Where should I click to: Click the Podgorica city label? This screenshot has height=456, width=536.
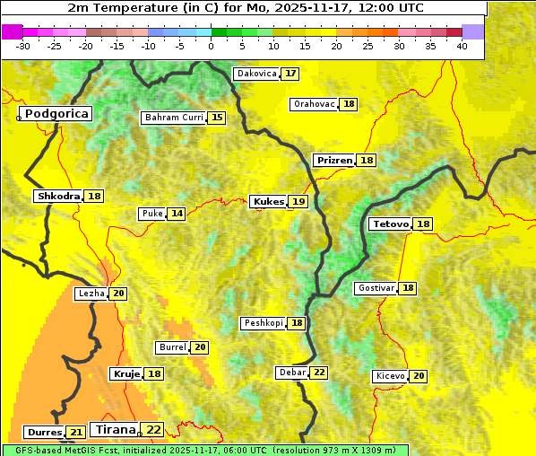pyautogui.click(x=56, y=114)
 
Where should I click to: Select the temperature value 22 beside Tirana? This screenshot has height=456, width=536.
pyautogui.click(x=154, y=430)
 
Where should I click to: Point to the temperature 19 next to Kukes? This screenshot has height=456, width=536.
pyautogui.click(x=298, y=202)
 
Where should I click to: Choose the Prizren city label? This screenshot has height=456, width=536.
pyautogui.click(x=334, y=160)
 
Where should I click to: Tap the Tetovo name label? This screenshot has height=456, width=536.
pyautogui.click(x=390, y=224)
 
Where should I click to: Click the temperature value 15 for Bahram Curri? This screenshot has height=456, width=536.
pyautogui.click(x=217, y=118)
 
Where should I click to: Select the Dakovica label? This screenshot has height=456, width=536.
pyautogui.click(x=256, y=74)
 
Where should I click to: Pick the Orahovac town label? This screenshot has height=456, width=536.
pyautogui.click(x=314, y=104)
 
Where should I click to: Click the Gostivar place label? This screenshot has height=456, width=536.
pyautogui.click(x=376, y=288)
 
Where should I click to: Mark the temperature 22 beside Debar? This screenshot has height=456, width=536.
pyautogui.click(x=319, y=373)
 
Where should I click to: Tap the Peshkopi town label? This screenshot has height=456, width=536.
pyautogui.click(x=264, y=323)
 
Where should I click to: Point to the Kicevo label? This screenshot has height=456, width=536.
pyautogui.click(x=391, y=376)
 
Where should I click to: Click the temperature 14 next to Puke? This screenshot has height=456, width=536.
pyautogui.click(x=177, y=214)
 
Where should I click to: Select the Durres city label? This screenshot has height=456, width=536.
pyautogui.click(x=44, y=433)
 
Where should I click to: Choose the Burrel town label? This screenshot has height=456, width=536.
pyautogui.click(x=172, y=347)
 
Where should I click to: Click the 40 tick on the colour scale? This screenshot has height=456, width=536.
pyautogui.click(x=462, y=45)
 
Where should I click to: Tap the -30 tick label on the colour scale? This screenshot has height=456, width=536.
pyautogui.click(x=24, y=45)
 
